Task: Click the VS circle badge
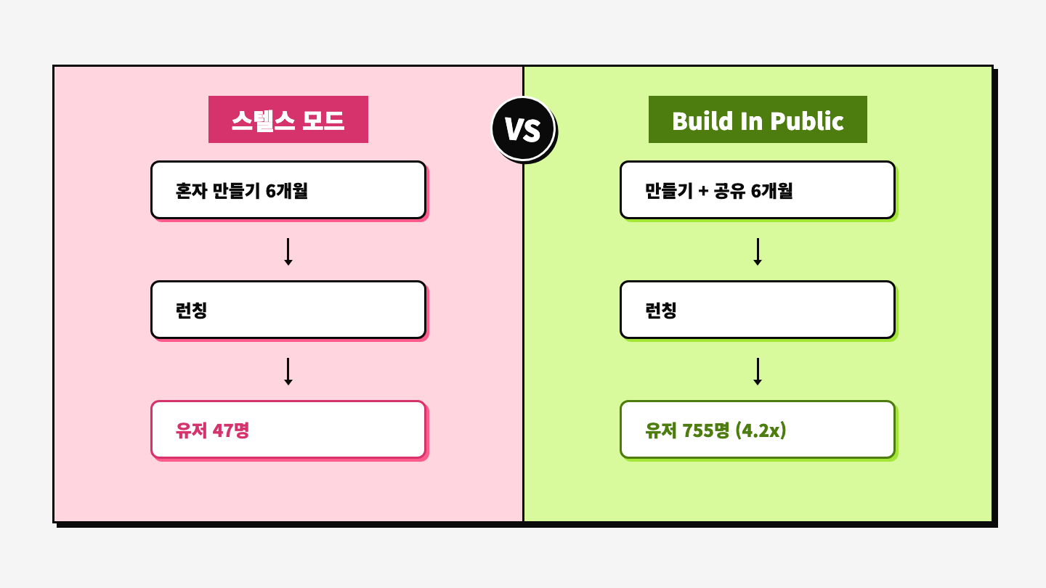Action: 523,129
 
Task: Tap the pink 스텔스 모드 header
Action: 288,120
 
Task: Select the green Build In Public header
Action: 758,120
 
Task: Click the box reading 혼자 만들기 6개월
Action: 288,190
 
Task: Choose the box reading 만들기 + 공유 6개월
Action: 758,190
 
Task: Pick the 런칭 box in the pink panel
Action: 288,310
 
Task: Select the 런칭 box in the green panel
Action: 758,310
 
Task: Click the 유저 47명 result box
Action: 288,430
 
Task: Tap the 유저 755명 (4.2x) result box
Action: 758,430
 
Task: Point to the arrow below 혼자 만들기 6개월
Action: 288,251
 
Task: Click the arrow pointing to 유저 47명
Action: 288,371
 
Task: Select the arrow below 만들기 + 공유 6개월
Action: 758,251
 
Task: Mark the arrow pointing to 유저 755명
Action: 758,371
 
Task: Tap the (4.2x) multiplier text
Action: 761,430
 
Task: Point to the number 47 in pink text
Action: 222,430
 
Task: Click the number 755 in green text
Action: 698,430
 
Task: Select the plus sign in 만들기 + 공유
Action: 702,192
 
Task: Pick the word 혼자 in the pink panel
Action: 191,191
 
